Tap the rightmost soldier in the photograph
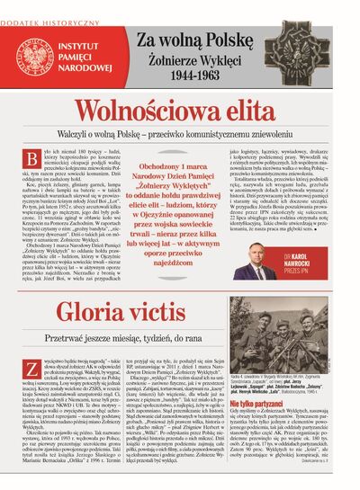point(333,337)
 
